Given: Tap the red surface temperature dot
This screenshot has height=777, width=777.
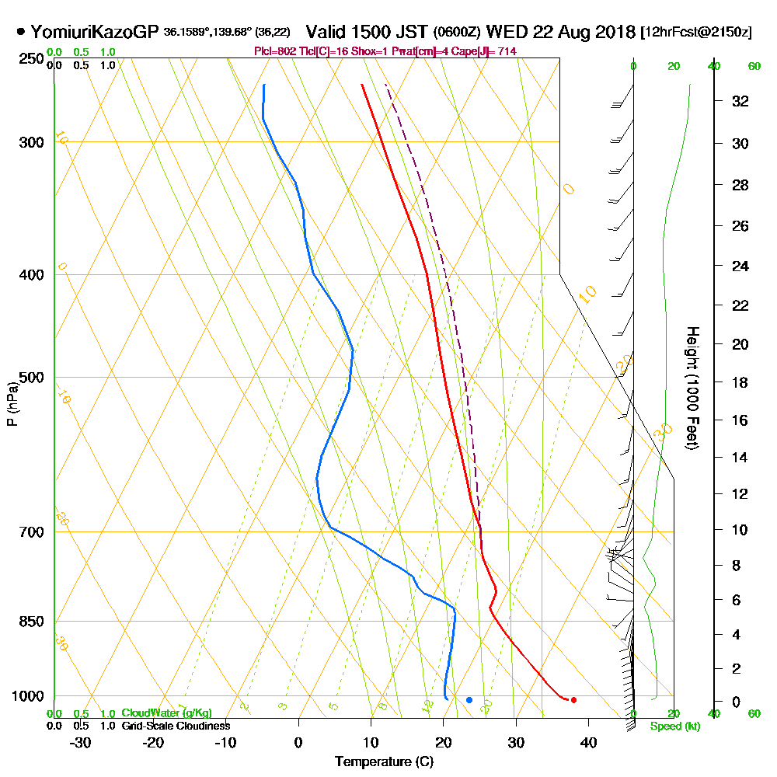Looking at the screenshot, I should [573, 700].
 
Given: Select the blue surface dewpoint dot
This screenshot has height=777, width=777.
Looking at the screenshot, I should [469, 700].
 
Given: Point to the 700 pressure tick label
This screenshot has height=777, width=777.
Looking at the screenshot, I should [32, 532].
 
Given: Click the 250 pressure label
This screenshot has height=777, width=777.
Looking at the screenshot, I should [32, 59].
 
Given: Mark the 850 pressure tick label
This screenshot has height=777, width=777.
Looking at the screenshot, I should [32, 622].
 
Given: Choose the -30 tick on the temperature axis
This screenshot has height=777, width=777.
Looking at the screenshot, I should [81, 742].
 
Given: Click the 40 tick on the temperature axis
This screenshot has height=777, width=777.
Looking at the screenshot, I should [588, 742].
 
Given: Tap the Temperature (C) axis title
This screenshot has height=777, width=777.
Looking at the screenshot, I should [384, 762].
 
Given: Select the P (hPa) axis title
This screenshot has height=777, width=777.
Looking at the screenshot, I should [12, 404].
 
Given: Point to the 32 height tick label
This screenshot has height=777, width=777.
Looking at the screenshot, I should [740, 101].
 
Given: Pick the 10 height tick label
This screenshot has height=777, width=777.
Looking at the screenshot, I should [740, 530].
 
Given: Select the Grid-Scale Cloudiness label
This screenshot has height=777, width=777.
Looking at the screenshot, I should [175, 726].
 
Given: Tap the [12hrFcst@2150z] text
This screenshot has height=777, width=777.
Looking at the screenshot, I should [695, 33].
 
